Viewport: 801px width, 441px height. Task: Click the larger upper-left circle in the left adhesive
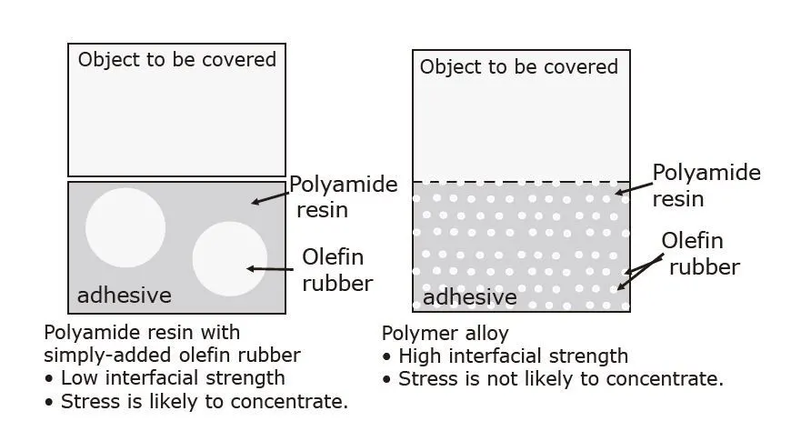125,227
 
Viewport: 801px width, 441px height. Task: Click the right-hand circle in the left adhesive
230,258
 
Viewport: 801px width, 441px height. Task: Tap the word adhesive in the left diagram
124,296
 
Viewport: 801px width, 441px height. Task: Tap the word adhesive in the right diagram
470,297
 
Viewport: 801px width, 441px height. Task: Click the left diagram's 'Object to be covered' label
176,60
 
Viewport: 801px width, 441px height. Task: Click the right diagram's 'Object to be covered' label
518,66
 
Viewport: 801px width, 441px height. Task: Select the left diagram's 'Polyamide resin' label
343,197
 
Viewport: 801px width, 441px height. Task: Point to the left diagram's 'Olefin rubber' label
336,270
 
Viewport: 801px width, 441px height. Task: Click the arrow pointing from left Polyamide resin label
270,196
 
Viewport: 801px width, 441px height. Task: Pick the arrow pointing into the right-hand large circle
274,268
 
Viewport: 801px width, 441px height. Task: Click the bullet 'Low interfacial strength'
172,377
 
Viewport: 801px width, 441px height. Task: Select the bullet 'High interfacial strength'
513,356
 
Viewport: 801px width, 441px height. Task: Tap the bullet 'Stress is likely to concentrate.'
204,401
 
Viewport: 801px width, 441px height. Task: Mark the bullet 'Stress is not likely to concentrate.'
560,378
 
